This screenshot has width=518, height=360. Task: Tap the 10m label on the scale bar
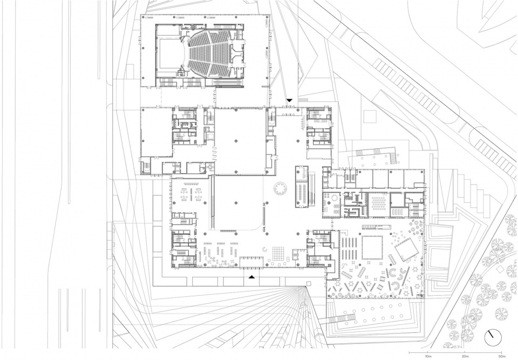pyautogui.click(x=428, y=356)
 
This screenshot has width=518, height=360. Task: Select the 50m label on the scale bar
pyautogui.click(x=502, y=356)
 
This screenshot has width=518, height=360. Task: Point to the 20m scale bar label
pyautogui.click(x=465, y=356)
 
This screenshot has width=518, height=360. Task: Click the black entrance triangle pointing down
pyautogui.click(x=290, y=100)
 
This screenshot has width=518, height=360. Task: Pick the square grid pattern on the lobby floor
pyautogui.click(x=278, y=254)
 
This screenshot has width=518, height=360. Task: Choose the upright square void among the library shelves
pyautogui.click(x=372, y=248)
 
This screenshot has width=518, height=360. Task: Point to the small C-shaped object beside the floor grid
pyautogui.click(x=264, y=249)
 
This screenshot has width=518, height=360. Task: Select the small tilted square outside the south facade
pyautogui.click(x=309, y=283)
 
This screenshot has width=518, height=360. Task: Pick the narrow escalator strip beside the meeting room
pyautogui.click(x=311, y=188)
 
